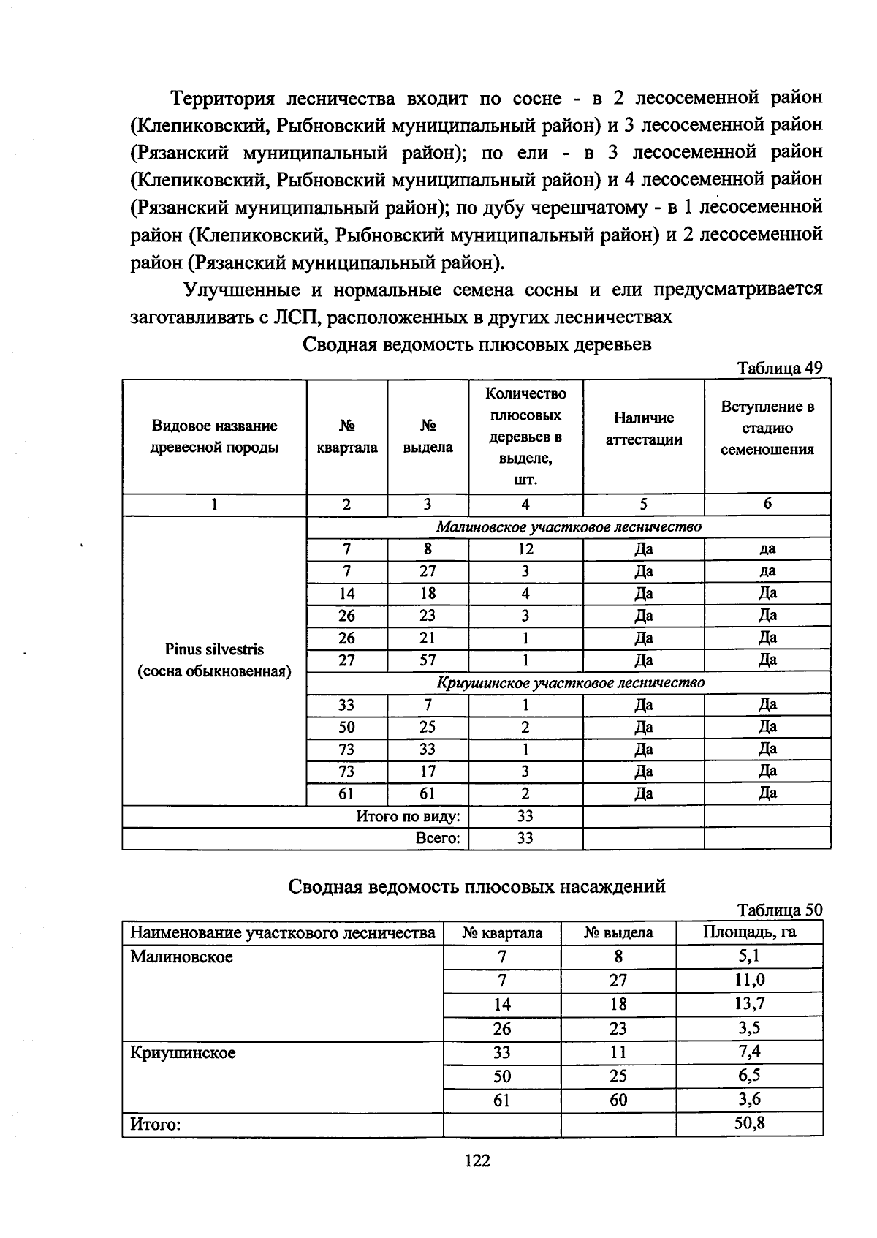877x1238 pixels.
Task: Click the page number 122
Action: (x=477, y=1160)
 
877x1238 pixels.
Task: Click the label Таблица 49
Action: (x=780, y=368)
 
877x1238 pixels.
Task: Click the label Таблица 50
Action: (x=780, y=910)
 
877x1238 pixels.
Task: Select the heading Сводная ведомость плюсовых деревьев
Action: (x=477, y=344)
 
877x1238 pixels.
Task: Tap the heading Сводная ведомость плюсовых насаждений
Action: (x=477, y=886)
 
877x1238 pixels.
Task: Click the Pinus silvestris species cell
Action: (x=214, y=660)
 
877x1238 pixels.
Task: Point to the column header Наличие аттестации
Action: (x=643, y=429)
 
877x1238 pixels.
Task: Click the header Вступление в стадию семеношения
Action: (x=767, y=428)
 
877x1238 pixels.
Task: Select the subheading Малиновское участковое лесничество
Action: (x=569, y=526)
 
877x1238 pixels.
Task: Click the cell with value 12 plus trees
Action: (x=525, y=549)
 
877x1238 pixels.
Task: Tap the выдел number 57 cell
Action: (x=428, y=660)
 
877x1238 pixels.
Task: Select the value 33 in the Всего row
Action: (x=525, y=838)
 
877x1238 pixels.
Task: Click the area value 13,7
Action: (x=749, y=1004)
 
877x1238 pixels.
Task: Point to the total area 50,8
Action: (x=749, y=1123)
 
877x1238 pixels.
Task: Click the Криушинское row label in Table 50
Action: (x=183, y=1053)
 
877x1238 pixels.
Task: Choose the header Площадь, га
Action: (x=749, y=932)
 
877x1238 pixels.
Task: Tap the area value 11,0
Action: (x=749, y=980)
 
